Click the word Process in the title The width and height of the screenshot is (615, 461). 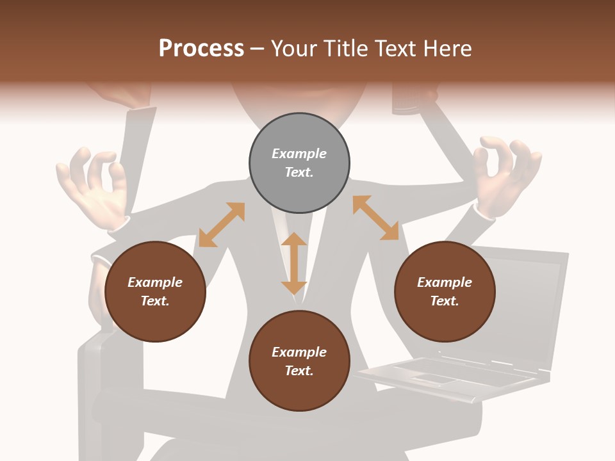point(201,49)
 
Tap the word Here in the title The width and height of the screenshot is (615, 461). point(447,49)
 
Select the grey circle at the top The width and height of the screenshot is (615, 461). point(299,163)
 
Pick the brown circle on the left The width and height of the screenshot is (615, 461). point(155,291)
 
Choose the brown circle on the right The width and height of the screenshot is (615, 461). point(445,291)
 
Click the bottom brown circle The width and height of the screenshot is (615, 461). point(299,361)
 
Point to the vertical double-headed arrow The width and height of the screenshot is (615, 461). point(294,263)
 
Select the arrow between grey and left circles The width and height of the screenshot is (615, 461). point(222,225)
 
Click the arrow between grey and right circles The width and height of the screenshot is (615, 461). point(375,218)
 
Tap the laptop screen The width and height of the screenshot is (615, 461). point(525,307)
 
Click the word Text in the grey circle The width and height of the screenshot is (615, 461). point(299,172)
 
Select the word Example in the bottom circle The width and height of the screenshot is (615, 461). point(299,352)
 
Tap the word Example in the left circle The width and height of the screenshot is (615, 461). point(155,282)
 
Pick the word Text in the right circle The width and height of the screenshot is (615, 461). point(445,301)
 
